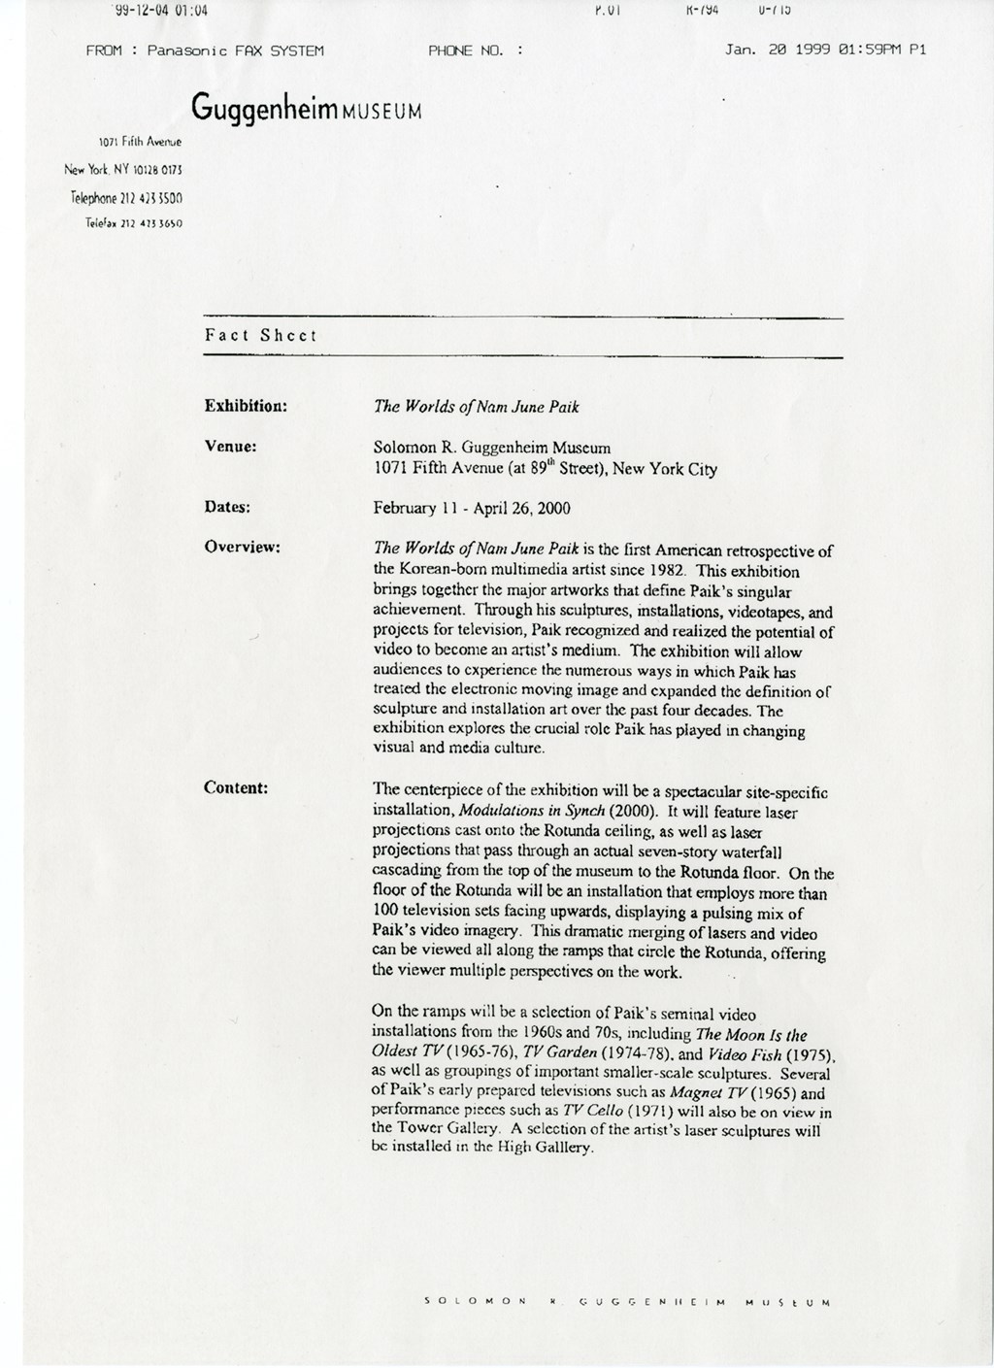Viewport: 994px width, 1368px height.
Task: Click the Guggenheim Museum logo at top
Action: coord(307,108)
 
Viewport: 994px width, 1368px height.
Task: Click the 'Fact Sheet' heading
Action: coord(261,335)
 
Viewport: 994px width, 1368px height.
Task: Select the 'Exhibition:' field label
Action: coord(246,405)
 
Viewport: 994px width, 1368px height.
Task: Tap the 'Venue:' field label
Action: coord(230,447)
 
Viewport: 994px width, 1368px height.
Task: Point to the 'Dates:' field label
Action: coord(227,507)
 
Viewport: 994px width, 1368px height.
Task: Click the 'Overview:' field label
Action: coord(242,547)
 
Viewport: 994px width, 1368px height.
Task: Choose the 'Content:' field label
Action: coord(236,787)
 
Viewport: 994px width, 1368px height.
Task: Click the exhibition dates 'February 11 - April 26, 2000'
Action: coord(472,508)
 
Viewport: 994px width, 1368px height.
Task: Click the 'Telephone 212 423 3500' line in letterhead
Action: coord(126,198)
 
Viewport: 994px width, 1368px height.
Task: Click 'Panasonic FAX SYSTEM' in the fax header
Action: coord(235,50)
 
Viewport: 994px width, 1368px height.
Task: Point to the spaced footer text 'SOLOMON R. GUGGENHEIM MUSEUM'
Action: coord(627,1300)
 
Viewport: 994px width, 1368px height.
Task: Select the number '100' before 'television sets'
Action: coord(388,914)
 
